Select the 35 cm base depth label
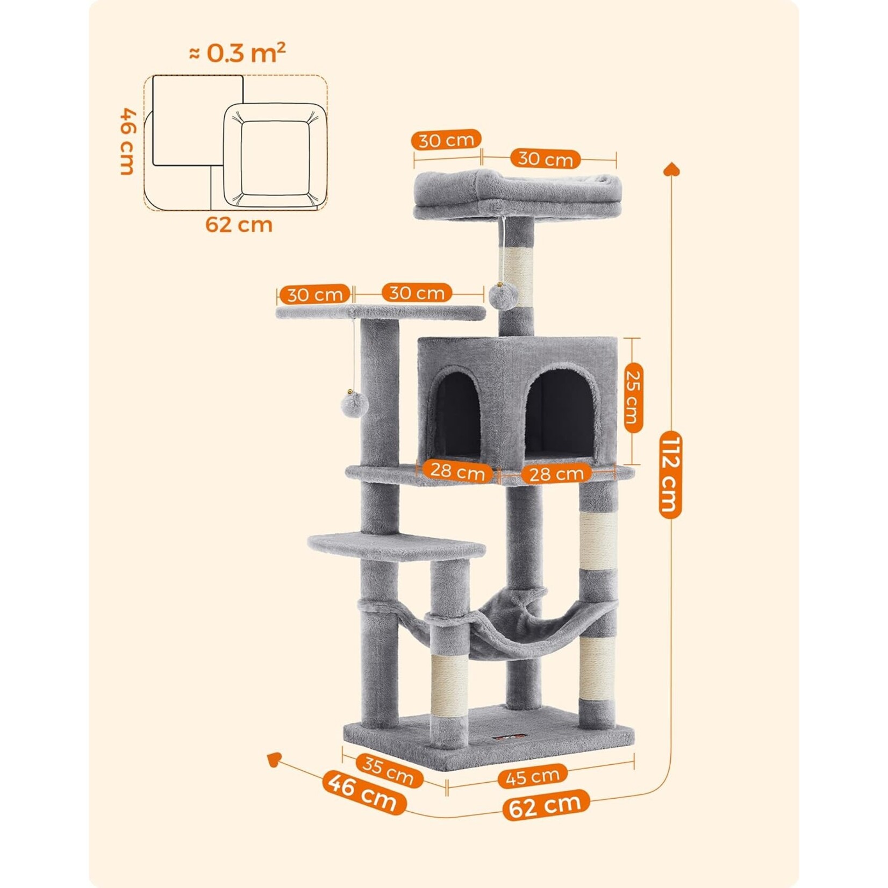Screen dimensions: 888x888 (x=388, y=771)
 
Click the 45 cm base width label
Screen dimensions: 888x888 (x=532, y=776)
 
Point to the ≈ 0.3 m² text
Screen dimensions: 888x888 (x=237, y=53)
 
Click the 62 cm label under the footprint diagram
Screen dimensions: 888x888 (x=239, y=224)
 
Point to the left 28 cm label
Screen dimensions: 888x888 (x=457, y=471)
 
